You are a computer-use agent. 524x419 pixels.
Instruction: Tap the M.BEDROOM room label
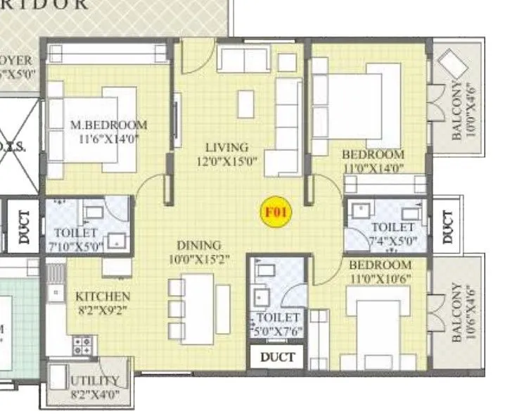click(x=109, y=125)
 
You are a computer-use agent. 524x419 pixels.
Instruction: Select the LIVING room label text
click(x=226, y=147)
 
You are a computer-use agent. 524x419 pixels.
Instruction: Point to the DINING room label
click(x=198, y=245)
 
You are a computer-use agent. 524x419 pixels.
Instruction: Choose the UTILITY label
click(x=96, y=381)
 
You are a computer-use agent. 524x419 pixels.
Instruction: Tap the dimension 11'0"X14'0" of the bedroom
click(x=373, y=168)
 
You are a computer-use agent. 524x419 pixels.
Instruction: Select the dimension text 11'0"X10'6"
click(x=380, y=277)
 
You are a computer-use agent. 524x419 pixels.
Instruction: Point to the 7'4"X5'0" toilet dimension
click(x=392, y=241)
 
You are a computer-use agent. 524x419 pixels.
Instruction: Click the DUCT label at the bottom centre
click(x=278, y=357)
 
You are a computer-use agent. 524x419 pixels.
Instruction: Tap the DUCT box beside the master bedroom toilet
click(x=25, y=227)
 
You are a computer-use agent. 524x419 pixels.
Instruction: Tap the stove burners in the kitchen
click(x=83, y=345)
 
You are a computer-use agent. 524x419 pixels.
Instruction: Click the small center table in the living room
click(x=245, y=104)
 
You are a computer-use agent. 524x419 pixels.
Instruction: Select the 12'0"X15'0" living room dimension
click(x=226, y=161)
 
